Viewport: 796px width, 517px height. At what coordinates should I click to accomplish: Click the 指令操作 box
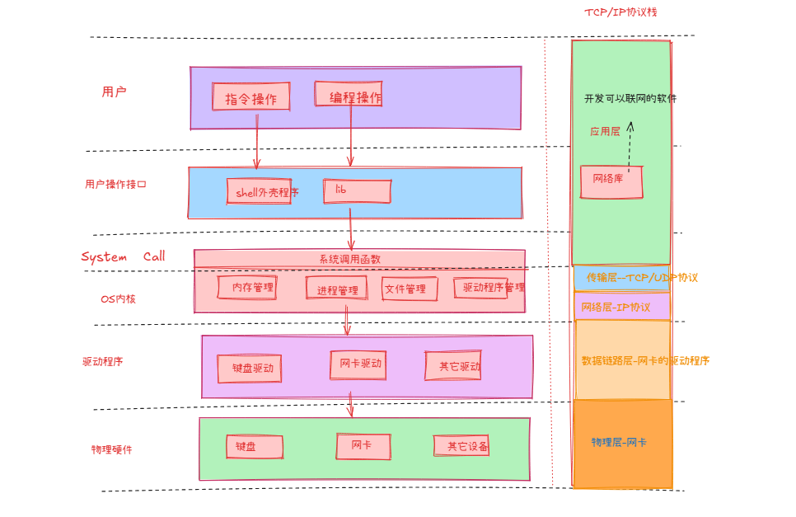click(251, 97)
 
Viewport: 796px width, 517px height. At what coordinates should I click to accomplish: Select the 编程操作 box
click(349, 95)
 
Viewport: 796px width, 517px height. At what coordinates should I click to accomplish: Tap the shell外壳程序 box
click(260, 191)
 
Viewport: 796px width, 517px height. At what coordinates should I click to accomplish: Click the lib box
click(357, 191)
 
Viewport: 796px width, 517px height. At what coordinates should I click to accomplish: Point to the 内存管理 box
click(247, 288)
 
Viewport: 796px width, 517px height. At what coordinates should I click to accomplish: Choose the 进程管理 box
click(337, 289)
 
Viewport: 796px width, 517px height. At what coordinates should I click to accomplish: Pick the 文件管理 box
click(410, 289)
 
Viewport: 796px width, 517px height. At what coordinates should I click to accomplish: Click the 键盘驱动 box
click(250, 369)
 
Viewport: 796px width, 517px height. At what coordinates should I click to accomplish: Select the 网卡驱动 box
click(358, 364)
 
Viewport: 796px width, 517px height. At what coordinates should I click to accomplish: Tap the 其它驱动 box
click(453, 365)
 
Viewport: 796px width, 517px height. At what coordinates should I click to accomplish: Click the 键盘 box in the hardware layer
click(255, 447)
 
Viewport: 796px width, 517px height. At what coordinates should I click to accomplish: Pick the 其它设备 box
click(461, 446)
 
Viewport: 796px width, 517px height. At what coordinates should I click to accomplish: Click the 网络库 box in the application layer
click(611, 181)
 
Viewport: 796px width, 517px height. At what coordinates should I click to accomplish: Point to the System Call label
click(123, 256)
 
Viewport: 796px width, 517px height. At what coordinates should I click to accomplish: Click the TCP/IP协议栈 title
click(620, 12)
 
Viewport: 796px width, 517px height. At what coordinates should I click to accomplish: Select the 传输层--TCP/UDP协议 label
click(641, 278)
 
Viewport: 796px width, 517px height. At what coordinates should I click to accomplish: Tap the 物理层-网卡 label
click(619, 443)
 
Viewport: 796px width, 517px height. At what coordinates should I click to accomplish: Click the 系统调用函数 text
click(349, 259)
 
